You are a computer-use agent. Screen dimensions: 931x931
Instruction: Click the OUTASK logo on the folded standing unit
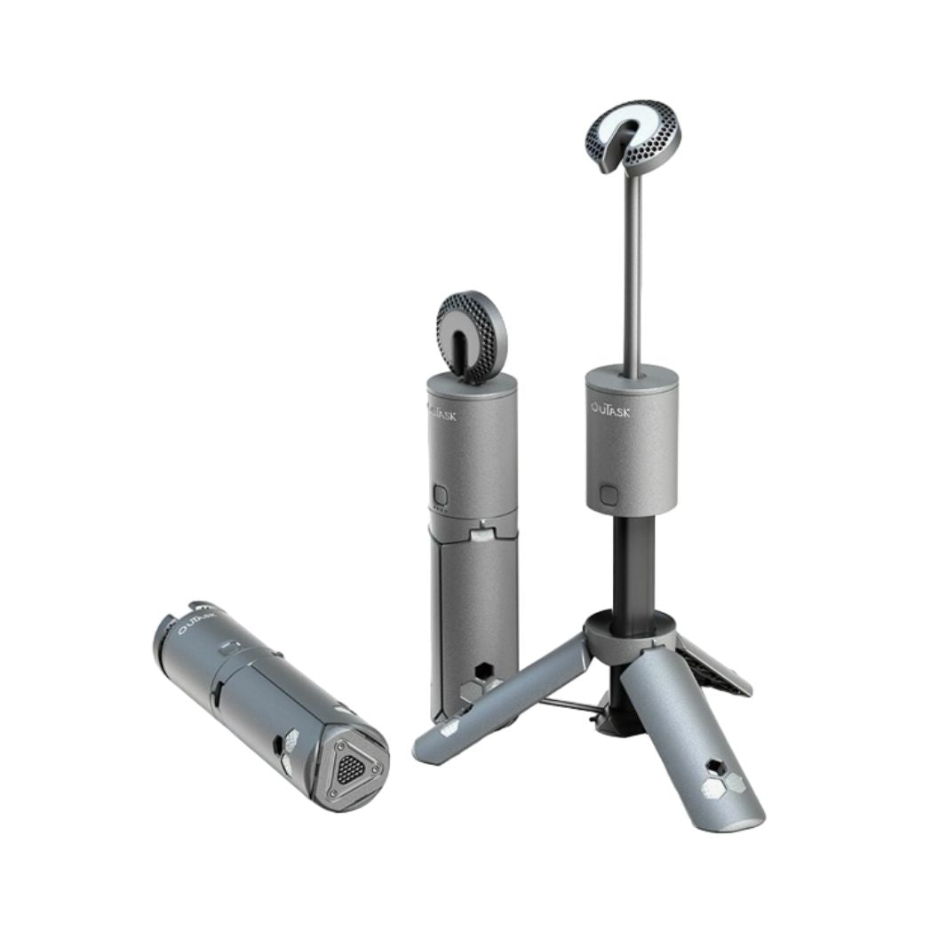(442, 412)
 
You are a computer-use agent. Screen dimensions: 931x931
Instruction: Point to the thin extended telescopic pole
(632, 267)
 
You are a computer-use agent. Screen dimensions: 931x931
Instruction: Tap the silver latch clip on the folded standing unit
(481, 533)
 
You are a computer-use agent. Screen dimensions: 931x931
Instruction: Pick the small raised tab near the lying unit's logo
(229, 649)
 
